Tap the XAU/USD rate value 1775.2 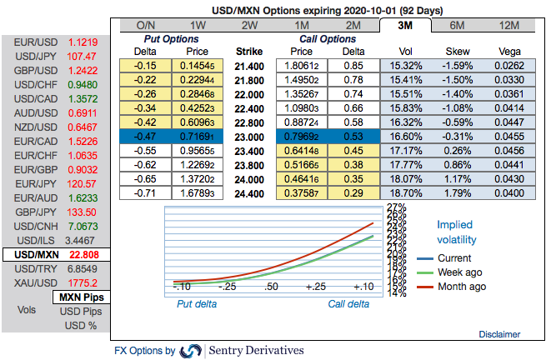83,284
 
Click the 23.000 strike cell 250,136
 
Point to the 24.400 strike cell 250,192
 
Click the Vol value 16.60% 406,136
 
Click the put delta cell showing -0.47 146,136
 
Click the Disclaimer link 500,333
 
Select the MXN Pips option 80,297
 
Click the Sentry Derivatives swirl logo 191,351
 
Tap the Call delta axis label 348,304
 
